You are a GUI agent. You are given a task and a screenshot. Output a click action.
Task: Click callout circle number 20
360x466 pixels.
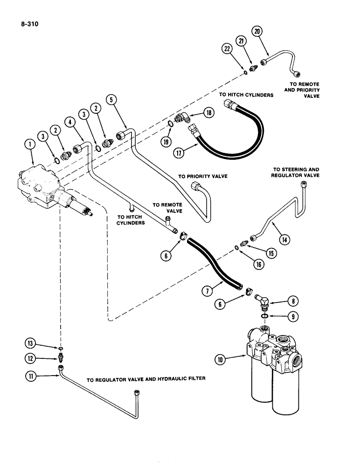pyautogui.click(x=257, y=32)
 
